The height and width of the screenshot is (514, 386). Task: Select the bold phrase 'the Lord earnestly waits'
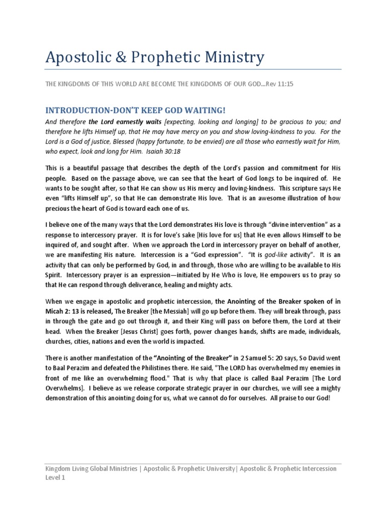coord(125,122)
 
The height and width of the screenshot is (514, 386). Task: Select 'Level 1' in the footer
coord(55,478)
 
